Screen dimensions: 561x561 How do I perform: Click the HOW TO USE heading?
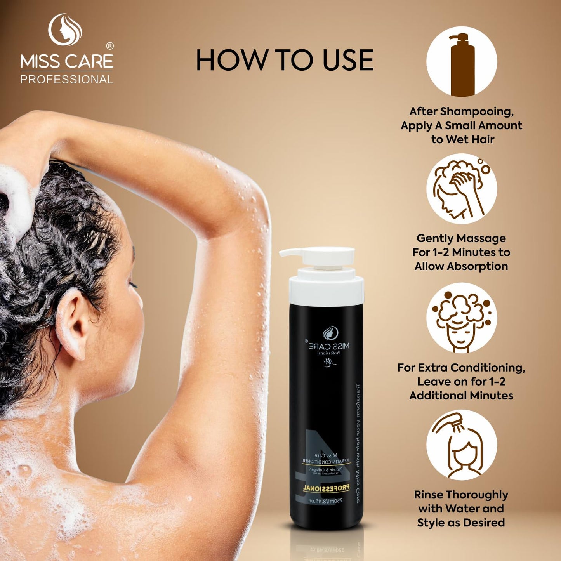click(284, 60)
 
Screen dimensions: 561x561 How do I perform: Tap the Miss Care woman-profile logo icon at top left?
click(65, 30)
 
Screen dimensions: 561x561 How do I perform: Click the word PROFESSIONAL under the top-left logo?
click(66, 80)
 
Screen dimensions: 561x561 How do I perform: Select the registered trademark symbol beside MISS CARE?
click(110, 46)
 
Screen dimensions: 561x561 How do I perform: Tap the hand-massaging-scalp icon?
click(461, 189)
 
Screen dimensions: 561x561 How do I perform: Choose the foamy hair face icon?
click(461, 318)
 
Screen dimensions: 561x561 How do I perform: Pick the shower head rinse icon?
click(461, 445)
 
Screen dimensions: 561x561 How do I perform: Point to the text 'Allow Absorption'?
click(461, 266)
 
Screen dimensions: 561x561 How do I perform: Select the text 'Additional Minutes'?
click(461, 396)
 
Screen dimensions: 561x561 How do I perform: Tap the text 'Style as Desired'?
click(461, 523)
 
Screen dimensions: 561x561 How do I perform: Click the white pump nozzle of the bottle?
click(295, 253)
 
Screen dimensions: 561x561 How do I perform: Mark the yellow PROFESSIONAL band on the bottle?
click(326, 488)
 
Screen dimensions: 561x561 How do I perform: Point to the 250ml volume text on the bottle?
click(326, 501)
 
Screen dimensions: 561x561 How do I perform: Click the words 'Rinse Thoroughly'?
click(461, 495)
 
